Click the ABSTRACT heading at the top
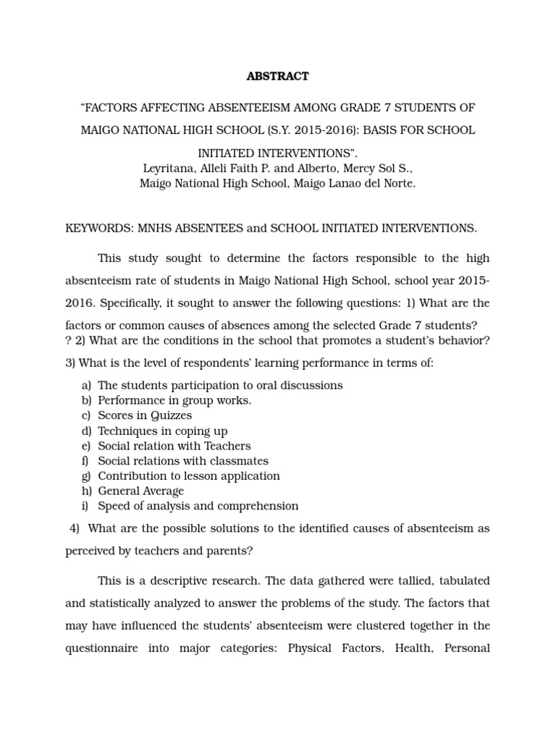(x=278, y=76)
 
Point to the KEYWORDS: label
(x=96, y=228)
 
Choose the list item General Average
(x=141, y=491)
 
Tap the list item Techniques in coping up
(x=163, y=431)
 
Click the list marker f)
(x=86, y=461)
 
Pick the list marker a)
(x=86, y=385)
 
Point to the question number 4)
(x=75, y=528)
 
